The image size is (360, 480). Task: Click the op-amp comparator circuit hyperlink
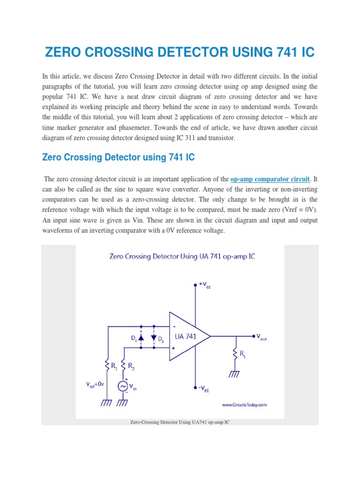pos(270,179)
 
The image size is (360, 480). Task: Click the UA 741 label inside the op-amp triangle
pos(186,336)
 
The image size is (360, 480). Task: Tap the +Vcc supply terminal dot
pos(195,285)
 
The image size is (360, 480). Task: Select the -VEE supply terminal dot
pos(195,388)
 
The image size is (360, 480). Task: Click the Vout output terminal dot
pos(253,336)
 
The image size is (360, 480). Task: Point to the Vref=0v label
pos(97,385)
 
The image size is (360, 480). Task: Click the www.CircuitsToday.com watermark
pos(244,404)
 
